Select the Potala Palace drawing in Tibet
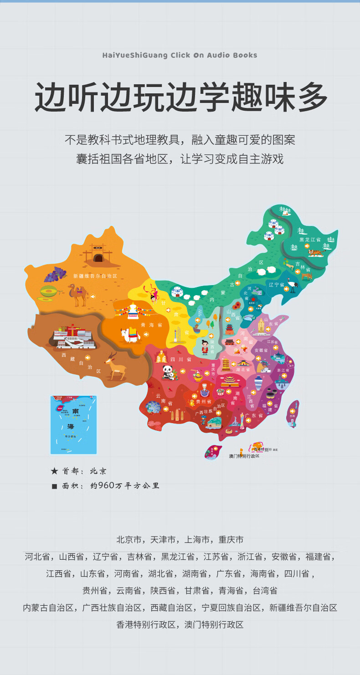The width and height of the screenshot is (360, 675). [72, 336]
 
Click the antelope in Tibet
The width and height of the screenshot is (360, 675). [115, 366]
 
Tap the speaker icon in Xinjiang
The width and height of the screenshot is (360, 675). [93, 297]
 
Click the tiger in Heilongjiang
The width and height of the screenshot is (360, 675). [315, 252]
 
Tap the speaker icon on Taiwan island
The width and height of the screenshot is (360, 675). [292, 411]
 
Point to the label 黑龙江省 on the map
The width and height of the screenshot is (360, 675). [310, 240]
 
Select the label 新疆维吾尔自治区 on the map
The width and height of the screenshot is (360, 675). [95, 276]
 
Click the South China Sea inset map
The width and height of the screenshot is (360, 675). [73, 424]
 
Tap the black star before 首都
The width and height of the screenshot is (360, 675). [54, 471]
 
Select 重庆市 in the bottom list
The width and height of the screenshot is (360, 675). [231, 540]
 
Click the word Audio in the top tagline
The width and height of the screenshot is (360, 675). [219, 55]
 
